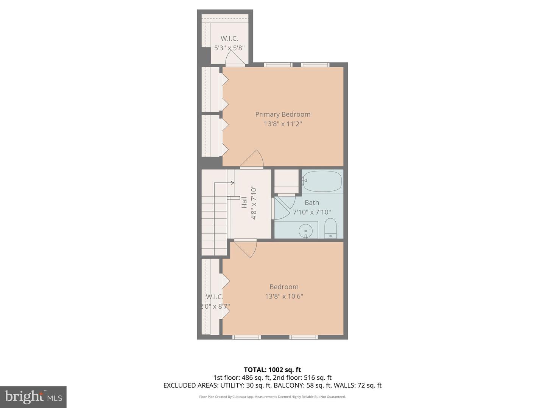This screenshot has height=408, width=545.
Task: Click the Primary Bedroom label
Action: click(x=283, y=114)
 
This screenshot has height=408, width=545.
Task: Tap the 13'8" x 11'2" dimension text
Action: click(x=283, y=124)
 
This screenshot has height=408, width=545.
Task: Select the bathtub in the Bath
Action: click(x=322, y=181)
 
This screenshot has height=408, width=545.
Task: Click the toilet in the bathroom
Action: click(x=330, y=228)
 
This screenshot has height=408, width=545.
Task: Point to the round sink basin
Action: click(x=305, y=230)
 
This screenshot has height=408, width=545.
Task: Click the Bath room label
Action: click(x=312, y=203)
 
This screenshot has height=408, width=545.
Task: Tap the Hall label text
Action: click(x=244, y=202)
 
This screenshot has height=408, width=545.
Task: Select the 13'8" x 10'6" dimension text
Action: click(x=284, y=297)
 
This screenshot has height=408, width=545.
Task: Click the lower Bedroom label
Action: click(x=284, y=287)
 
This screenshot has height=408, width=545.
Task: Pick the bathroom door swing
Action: click(x=283, y=208)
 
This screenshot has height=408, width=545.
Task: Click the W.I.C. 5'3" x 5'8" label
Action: click(x=229, y=43)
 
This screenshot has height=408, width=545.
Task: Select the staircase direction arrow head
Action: click(x=232, y=183)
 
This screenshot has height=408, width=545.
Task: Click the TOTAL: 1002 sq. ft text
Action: click(x=272, y=370)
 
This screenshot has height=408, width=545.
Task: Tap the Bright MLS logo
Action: click(x=33, y=397)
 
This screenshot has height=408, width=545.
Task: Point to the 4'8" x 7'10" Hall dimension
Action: click(x=254, y=203)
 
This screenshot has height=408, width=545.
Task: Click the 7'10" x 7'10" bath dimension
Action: click(x=312, y=212)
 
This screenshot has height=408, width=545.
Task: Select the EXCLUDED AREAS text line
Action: click(x=272, y=385)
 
